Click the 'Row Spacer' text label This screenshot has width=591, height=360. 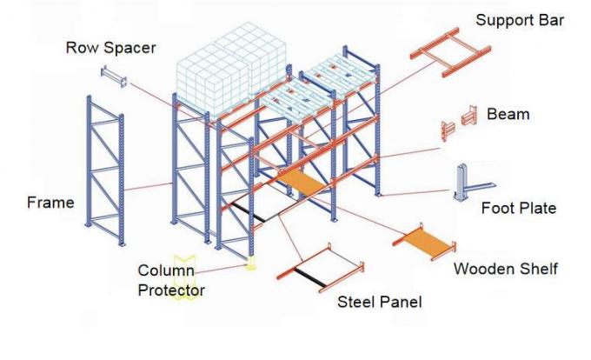click(111, 48)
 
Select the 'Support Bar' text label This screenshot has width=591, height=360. click(519, 19)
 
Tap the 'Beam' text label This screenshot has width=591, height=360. click(508, 114)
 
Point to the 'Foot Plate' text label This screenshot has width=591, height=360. click(518, 209)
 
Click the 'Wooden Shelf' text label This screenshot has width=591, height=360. click(505, 269)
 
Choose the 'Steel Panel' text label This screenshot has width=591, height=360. click(380, 302)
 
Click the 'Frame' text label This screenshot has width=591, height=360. click(50, 203)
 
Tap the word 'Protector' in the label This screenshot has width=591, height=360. click(171, 290)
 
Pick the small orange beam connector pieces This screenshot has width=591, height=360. click(460, 122)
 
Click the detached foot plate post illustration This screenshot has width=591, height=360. click(463, 184)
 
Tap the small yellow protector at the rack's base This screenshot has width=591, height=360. click(252, 262)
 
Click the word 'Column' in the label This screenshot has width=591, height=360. click(165, 270)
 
